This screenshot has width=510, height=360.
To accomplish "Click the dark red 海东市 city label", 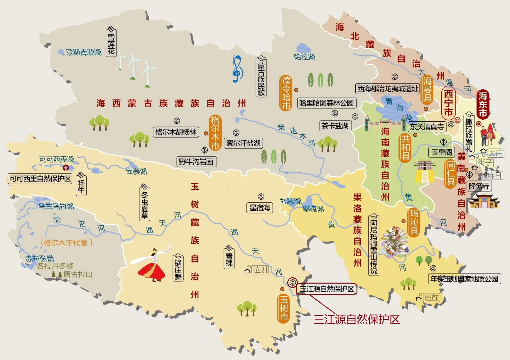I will (483, 104).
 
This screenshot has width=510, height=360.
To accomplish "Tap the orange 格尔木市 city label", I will (215, 133).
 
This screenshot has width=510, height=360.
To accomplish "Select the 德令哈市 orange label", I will (286, 93).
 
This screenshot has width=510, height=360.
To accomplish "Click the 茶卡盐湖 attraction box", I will (335, 126).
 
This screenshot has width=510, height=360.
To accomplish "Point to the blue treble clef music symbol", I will (237, 69).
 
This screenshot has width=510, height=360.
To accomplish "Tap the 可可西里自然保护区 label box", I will (40, 179).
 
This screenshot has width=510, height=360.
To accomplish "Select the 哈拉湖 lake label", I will (304, 57).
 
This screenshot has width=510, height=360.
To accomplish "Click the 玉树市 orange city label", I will (283, 308).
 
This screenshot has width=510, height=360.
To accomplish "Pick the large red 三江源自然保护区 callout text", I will (356, 319).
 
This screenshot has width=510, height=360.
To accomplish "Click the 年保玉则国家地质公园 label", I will (464, 279).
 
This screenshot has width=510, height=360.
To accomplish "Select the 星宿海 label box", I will (260, 208).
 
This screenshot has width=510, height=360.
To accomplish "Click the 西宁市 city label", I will (448, 103).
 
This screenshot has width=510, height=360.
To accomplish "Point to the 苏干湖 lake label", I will (84, 52).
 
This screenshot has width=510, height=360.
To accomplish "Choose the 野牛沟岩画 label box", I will (196, 162).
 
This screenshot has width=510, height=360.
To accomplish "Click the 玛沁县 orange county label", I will (414, 222).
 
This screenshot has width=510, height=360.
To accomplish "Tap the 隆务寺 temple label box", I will (479, 186).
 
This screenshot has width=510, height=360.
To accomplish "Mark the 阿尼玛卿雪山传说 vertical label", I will (373, 244).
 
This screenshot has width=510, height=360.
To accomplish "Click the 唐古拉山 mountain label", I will (78, 274).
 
